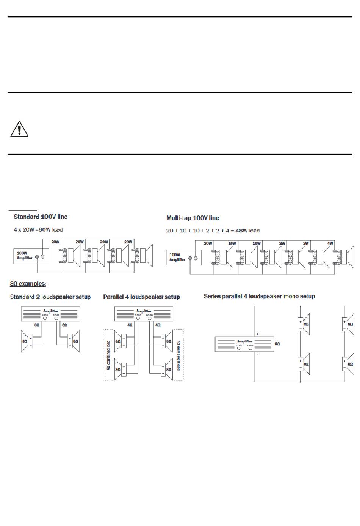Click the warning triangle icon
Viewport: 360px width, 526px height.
[19, 129]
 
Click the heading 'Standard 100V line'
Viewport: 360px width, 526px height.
[40, 217]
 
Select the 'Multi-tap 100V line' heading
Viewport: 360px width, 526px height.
[193, 218]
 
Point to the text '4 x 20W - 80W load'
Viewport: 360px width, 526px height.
[38, 229]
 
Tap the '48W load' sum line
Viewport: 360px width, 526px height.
[213, 231]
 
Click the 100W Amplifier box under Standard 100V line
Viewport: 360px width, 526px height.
[30, 257]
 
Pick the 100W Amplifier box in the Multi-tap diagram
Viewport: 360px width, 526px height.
[183, 258]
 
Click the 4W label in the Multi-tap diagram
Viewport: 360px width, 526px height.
[330, 243]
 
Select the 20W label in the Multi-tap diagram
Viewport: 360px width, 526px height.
[208, 243]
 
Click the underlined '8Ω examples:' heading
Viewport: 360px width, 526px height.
[28, 284]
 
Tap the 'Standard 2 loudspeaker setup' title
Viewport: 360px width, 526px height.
[50, 297]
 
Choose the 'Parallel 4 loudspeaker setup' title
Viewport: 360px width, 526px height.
[141, 297]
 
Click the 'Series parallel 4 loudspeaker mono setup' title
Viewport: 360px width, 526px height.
[259, 296]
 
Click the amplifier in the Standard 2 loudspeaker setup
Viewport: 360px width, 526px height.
[50, 314]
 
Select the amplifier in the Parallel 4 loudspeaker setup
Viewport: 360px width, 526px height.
[144, 314]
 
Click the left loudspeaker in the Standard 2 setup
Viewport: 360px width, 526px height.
[28, 341]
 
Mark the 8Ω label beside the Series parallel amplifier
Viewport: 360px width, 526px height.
[277, 344]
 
